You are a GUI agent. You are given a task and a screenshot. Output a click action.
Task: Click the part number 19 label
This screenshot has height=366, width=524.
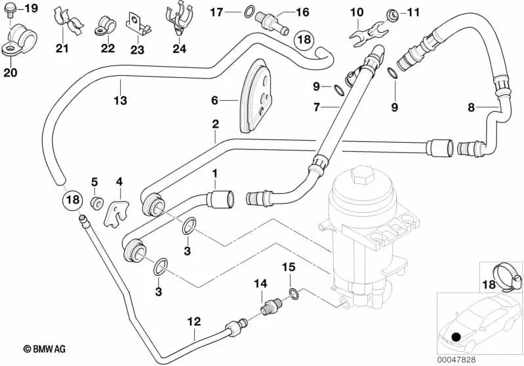click(31, 9)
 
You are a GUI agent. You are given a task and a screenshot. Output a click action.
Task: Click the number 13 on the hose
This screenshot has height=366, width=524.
click(120, 100)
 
